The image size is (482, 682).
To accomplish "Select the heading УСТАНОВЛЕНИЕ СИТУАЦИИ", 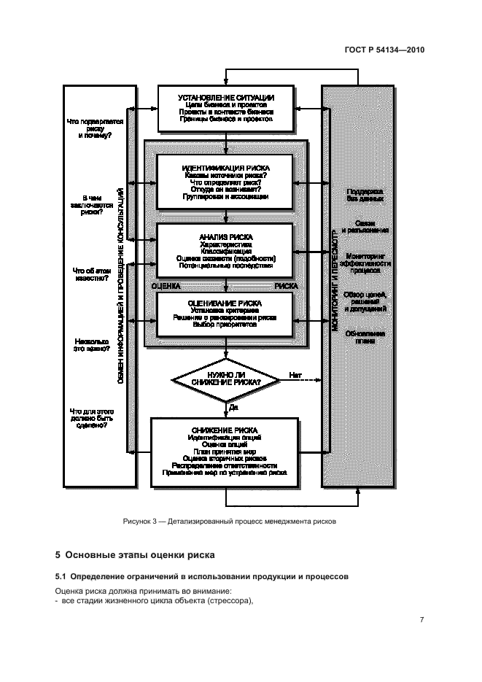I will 225,97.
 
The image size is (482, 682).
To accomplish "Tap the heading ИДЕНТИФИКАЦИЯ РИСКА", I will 225,167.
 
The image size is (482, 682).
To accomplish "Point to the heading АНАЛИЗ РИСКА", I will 225,236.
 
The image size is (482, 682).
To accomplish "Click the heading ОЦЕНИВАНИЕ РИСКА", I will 225,302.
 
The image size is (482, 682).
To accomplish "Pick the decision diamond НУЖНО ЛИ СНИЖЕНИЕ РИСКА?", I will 225,379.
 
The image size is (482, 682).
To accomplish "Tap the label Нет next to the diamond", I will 295,375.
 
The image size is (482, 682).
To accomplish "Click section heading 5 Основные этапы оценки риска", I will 135,556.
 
